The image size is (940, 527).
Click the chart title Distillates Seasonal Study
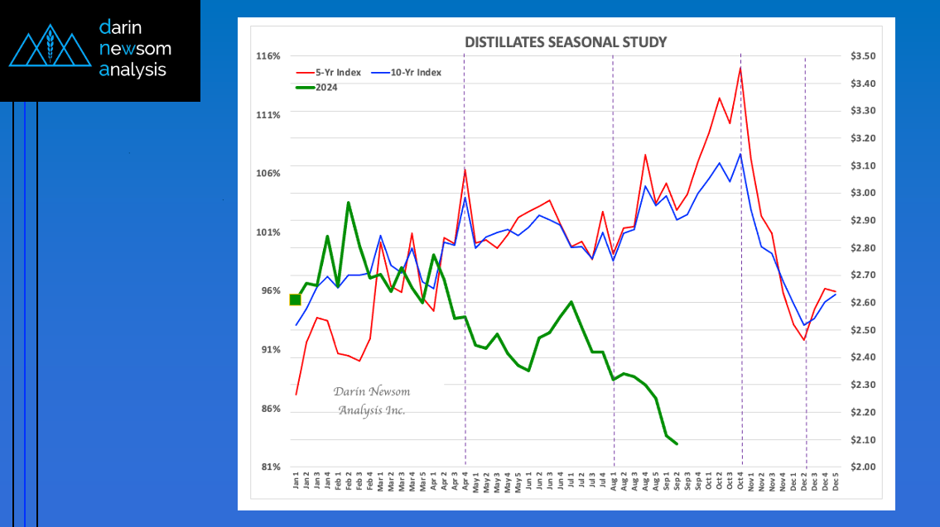pos(565,42)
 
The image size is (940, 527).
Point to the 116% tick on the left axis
pos(269,56)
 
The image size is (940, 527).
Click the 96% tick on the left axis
pos(271,291)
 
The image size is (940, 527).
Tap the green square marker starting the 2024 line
pos(296,299)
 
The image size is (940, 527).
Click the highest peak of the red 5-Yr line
pos(740,68)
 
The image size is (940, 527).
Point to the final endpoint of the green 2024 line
pos(677,444)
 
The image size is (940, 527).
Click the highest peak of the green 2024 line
pos(348,203)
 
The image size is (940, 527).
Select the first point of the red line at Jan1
pos(296,394)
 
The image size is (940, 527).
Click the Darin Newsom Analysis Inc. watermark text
pos(372,400)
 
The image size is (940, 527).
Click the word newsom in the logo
pos(135,49)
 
